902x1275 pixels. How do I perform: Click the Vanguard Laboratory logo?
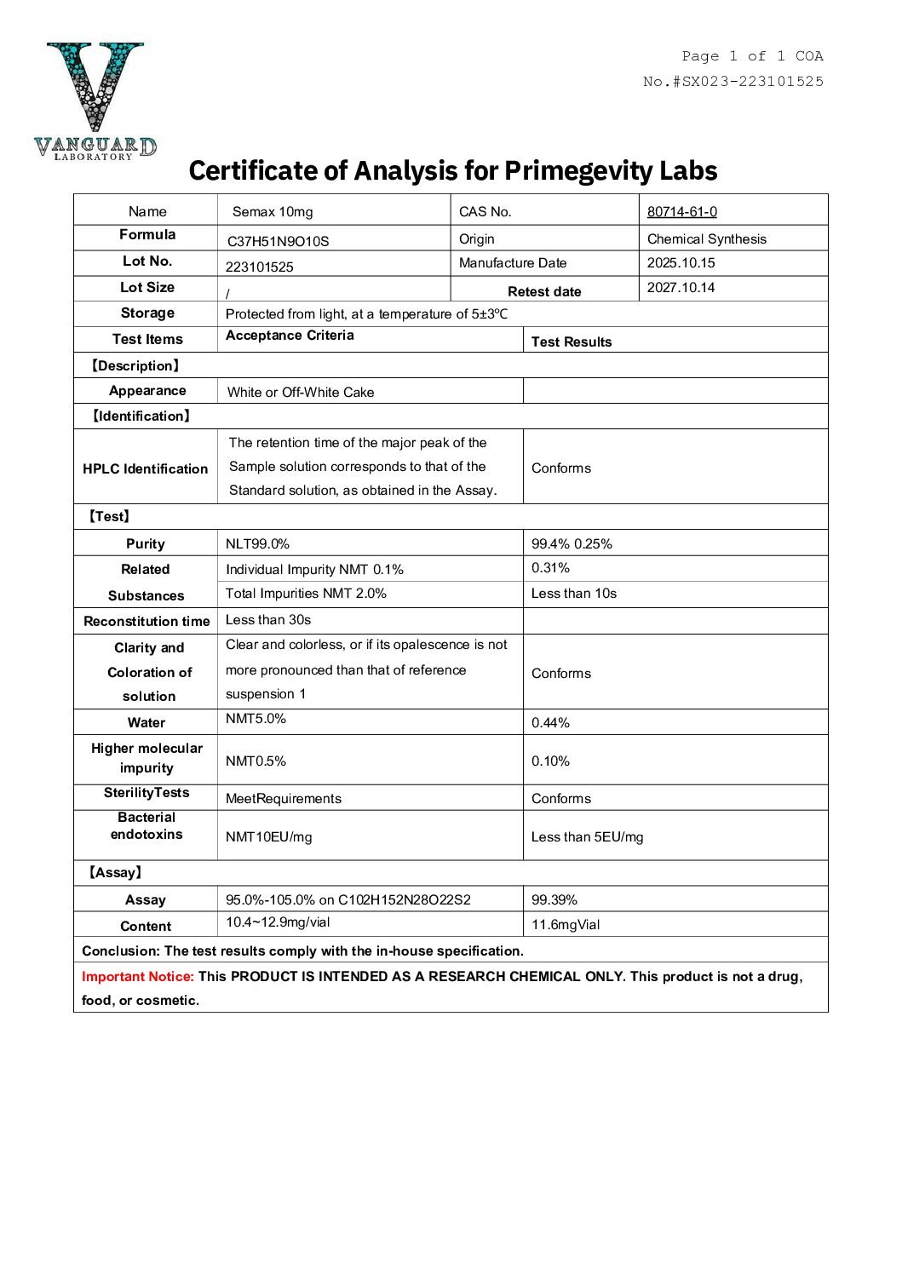[95, 101]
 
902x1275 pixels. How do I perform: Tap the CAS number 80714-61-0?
[681, 212]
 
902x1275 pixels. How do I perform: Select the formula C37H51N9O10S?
[278, 241]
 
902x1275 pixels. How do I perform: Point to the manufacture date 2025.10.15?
[681, 263]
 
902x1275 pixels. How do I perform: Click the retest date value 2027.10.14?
[681, 288]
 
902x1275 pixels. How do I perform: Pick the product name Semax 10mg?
[273, 212]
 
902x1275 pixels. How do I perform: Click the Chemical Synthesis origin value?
[706, 239]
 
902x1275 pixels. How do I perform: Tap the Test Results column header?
[571, 342]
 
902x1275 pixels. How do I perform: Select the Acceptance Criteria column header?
[290, 336]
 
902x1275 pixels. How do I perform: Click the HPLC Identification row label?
[145, 468]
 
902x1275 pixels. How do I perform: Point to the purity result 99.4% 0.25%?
[572, 544]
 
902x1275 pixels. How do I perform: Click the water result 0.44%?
[550, 723]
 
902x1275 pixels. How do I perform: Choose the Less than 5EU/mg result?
[587, 837]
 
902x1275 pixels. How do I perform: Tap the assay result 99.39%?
[554, 900]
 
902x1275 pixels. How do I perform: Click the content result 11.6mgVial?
[565, 925]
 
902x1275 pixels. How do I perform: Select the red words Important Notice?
[137, 977]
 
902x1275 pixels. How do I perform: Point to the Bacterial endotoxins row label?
[146, 826]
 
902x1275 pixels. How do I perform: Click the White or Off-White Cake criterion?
[301, 393]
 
